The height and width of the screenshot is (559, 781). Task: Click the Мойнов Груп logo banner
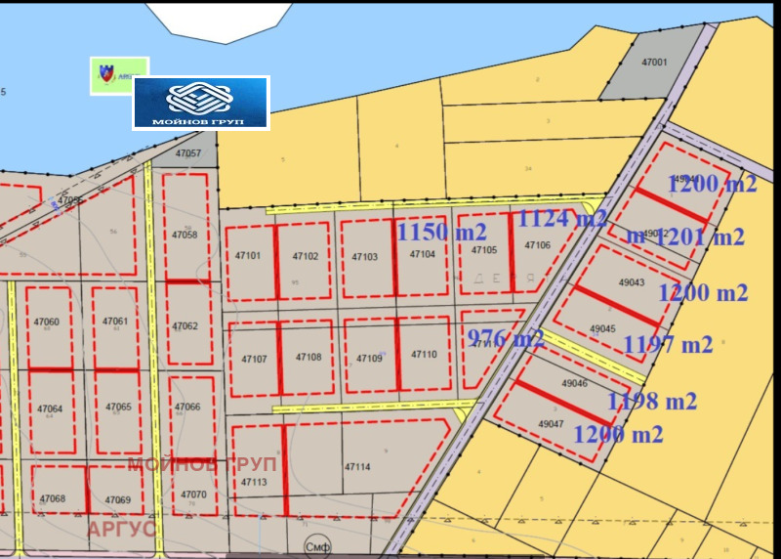(200, 103)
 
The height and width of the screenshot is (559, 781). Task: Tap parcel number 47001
(654, 62)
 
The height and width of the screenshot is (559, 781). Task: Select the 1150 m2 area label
(441, 233)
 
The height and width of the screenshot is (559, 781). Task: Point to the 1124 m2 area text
(562, 217)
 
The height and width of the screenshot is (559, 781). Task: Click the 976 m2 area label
(506, 339)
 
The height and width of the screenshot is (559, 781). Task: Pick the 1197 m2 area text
(668, 343)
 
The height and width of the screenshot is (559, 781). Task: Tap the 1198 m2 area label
(652, 401)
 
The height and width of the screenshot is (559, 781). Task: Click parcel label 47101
(247, 256)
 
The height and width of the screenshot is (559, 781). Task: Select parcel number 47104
(422, 254)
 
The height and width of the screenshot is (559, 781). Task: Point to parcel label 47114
(357, 467)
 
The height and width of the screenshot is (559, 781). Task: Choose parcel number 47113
(253, 483)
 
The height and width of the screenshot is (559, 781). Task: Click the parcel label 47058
(185, 235)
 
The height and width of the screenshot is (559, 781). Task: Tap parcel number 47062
(185, 326)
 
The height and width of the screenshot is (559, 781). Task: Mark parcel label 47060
(47, 322)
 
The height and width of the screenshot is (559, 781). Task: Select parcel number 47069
(117, 499)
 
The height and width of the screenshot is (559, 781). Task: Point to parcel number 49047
(552, 424)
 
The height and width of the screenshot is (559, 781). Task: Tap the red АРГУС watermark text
(122, 529)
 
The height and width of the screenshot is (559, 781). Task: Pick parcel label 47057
(187, 153)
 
